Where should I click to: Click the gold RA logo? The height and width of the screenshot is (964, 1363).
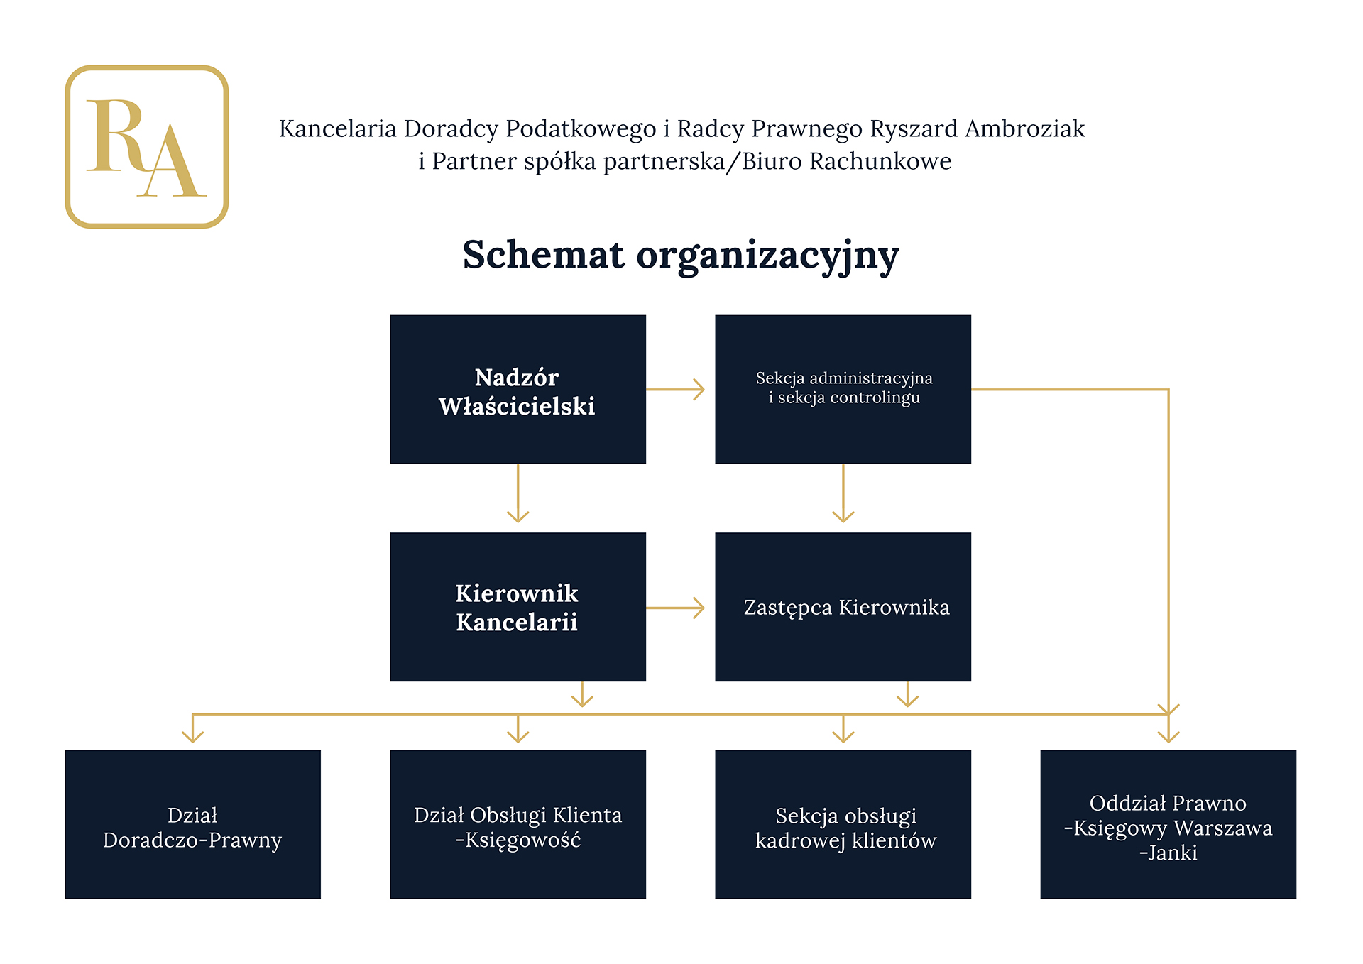(147, 146)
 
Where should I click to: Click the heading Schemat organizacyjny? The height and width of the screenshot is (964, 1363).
(681, 256)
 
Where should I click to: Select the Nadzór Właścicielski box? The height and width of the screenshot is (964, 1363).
(518, 389)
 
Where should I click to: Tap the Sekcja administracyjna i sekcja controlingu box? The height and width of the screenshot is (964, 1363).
(843, 389)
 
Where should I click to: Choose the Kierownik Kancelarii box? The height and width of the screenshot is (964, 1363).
(518, 607)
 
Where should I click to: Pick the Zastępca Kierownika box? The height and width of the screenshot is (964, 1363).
(843, 607)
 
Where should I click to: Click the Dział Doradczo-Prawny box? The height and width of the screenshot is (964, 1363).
(192, 824)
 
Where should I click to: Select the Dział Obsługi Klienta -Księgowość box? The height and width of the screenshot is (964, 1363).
(518, 824)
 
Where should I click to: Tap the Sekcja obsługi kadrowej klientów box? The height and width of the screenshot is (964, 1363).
(843, 824)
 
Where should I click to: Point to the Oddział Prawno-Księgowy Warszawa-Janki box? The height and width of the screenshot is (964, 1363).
(1168, 824)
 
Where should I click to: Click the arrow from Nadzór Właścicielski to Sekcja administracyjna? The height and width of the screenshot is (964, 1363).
(675, 389)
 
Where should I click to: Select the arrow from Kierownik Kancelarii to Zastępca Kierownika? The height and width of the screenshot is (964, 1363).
(675, 608)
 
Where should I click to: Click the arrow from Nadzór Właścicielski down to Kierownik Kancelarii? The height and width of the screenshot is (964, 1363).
(518, 493)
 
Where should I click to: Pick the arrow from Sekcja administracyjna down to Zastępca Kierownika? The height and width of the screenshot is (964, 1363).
(843, 493)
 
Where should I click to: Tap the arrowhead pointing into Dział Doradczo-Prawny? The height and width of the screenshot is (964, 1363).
(192, 735)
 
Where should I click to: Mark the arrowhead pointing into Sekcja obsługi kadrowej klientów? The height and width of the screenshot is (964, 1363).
(843, 735)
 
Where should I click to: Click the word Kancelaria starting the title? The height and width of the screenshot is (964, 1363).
(338, 128)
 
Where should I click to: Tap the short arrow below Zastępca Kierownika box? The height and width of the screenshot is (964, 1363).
(908, 694)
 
